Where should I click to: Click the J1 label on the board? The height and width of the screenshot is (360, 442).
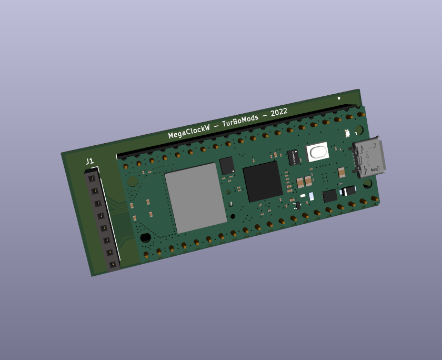89,161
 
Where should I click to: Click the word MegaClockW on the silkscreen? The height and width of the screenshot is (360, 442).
189,132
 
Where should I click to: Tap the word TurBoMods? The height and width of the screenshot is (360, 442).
240,121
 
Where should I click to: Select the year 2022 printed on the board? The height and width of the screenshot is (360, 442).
279,113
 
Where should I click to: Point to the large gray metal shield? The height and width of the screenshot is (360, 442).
196,198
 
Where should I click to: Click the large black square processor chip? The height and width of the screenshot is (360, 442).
263,182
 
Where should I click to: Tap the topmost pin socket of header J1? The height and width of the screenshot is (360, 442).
92,178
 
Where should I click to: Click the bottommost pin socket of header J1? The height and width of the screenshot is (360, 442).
113,264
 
